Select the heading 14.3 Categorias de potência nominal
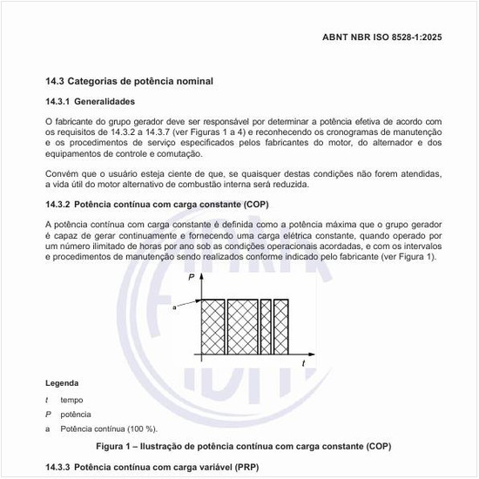[129, 81]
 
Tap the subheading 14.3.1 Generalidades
[90, 102]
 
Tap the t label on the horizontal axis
[302, 362]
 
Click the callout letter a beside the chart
[175, 307]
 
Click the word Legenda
[63, 383]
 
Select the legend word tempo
[72, 399]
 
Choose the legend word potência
[75, 414]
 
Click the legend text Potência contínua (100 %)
[108, 428]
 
